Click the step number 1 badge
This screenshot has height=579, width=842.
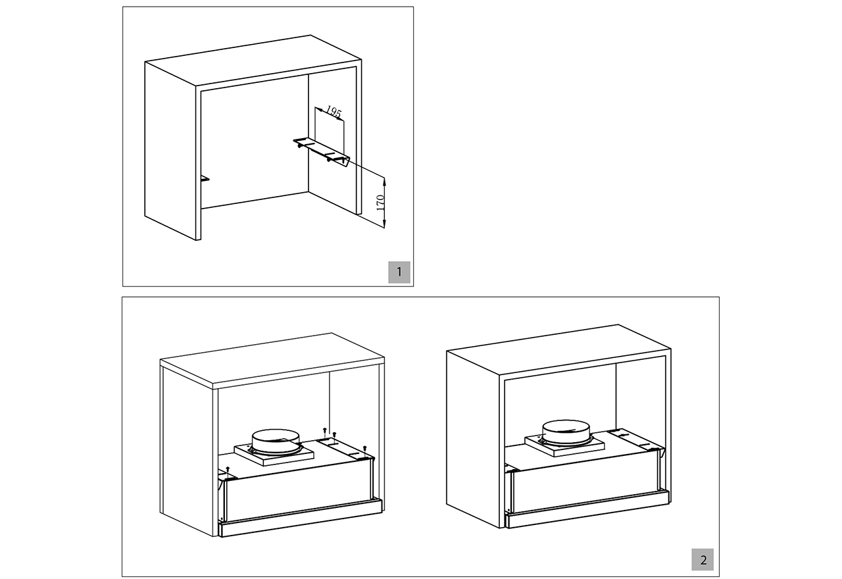[399, 272]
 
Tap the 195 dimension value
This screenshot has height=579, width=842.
[334, 112]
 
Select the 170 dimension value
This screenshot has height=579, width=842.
[380, 203]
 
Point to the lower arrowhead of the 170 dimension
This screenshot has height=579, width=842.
[384, 224]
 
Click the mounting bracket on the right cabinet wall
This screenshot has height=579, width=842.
[322, 151]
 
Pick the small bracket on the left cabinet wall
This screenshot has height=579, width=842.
[205, 178]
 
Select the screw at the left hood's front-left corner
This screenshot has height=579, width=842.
[228, 470]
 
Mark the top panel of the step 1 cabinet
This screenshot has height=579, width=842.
[253, 61]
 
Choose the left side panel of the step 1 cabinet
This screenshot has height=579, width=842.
[170, 151]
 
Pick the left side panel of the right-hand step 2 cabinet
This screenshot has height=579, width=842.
[473, 439]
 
